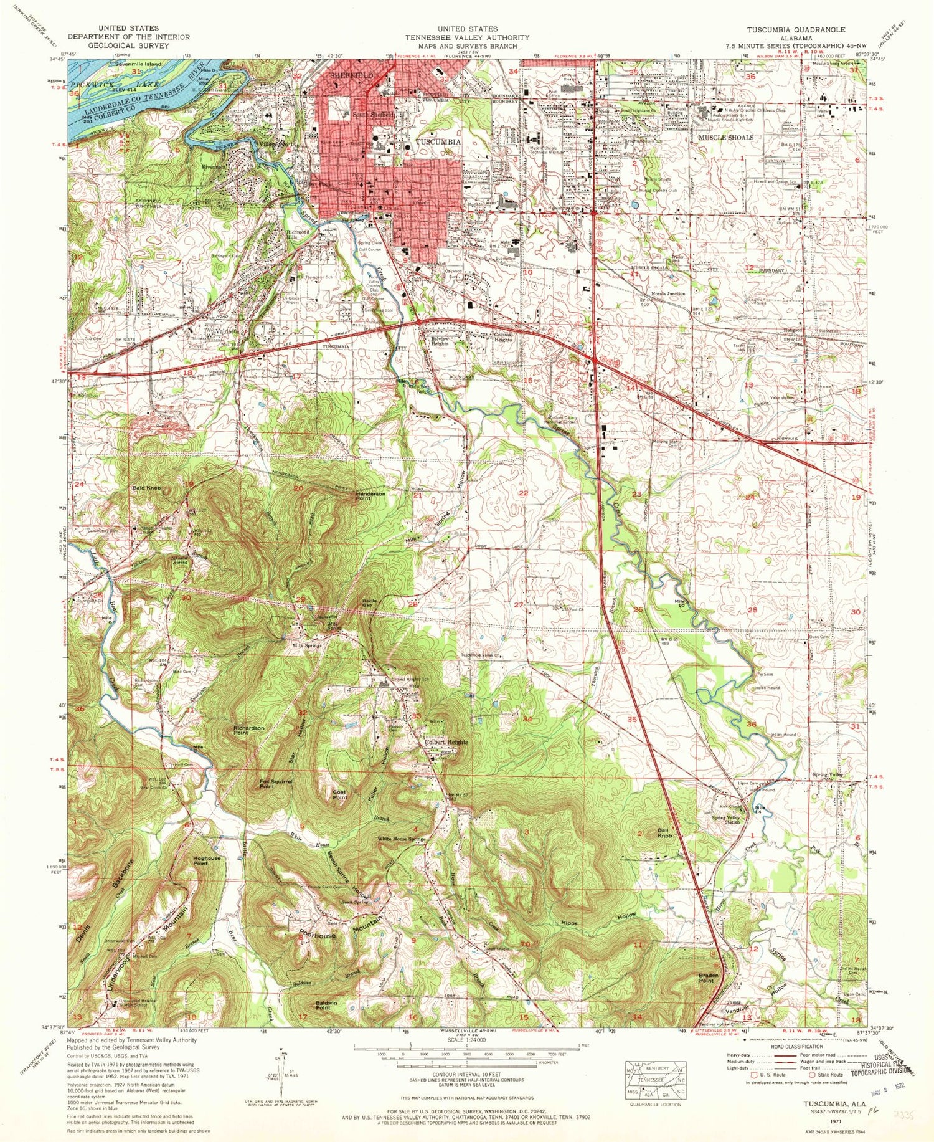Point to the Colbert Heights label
point(446,743)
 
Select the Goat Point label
point(339,794)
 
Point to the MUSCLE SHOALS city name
point(725,137)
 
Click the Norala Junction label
point(668,293)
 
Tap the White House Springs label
point(401,839)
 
